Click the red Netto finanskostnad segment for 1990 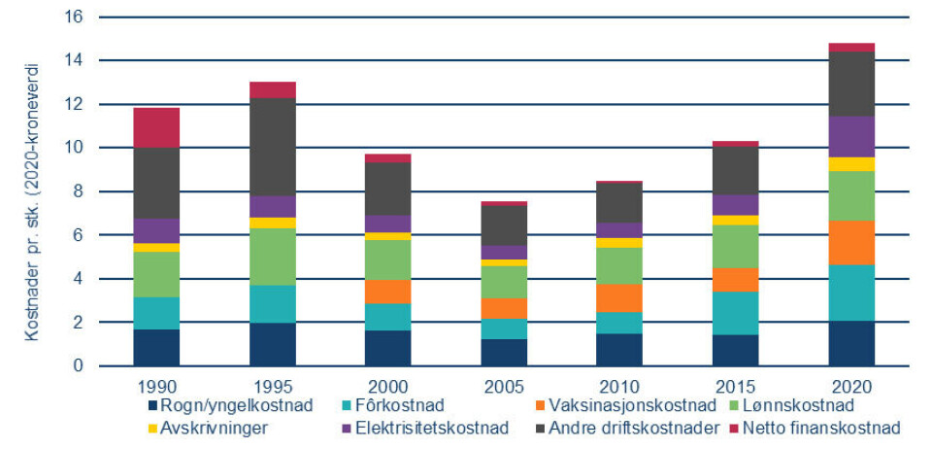[156, 127]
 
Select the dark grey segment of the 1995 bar [272, 147]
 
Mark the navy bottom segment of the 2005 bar [504, 352]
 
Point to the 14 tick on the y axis [75, 61]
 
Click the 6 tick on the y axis [79, 235]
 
